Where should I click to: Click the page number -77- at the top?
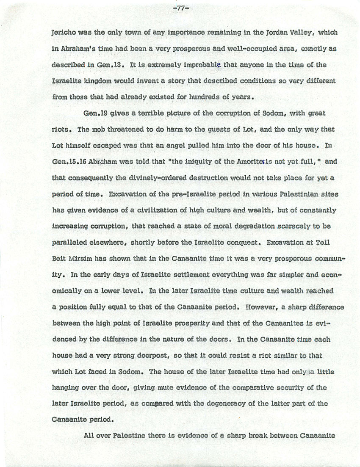pyautogui.click(x=180, y=7)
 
